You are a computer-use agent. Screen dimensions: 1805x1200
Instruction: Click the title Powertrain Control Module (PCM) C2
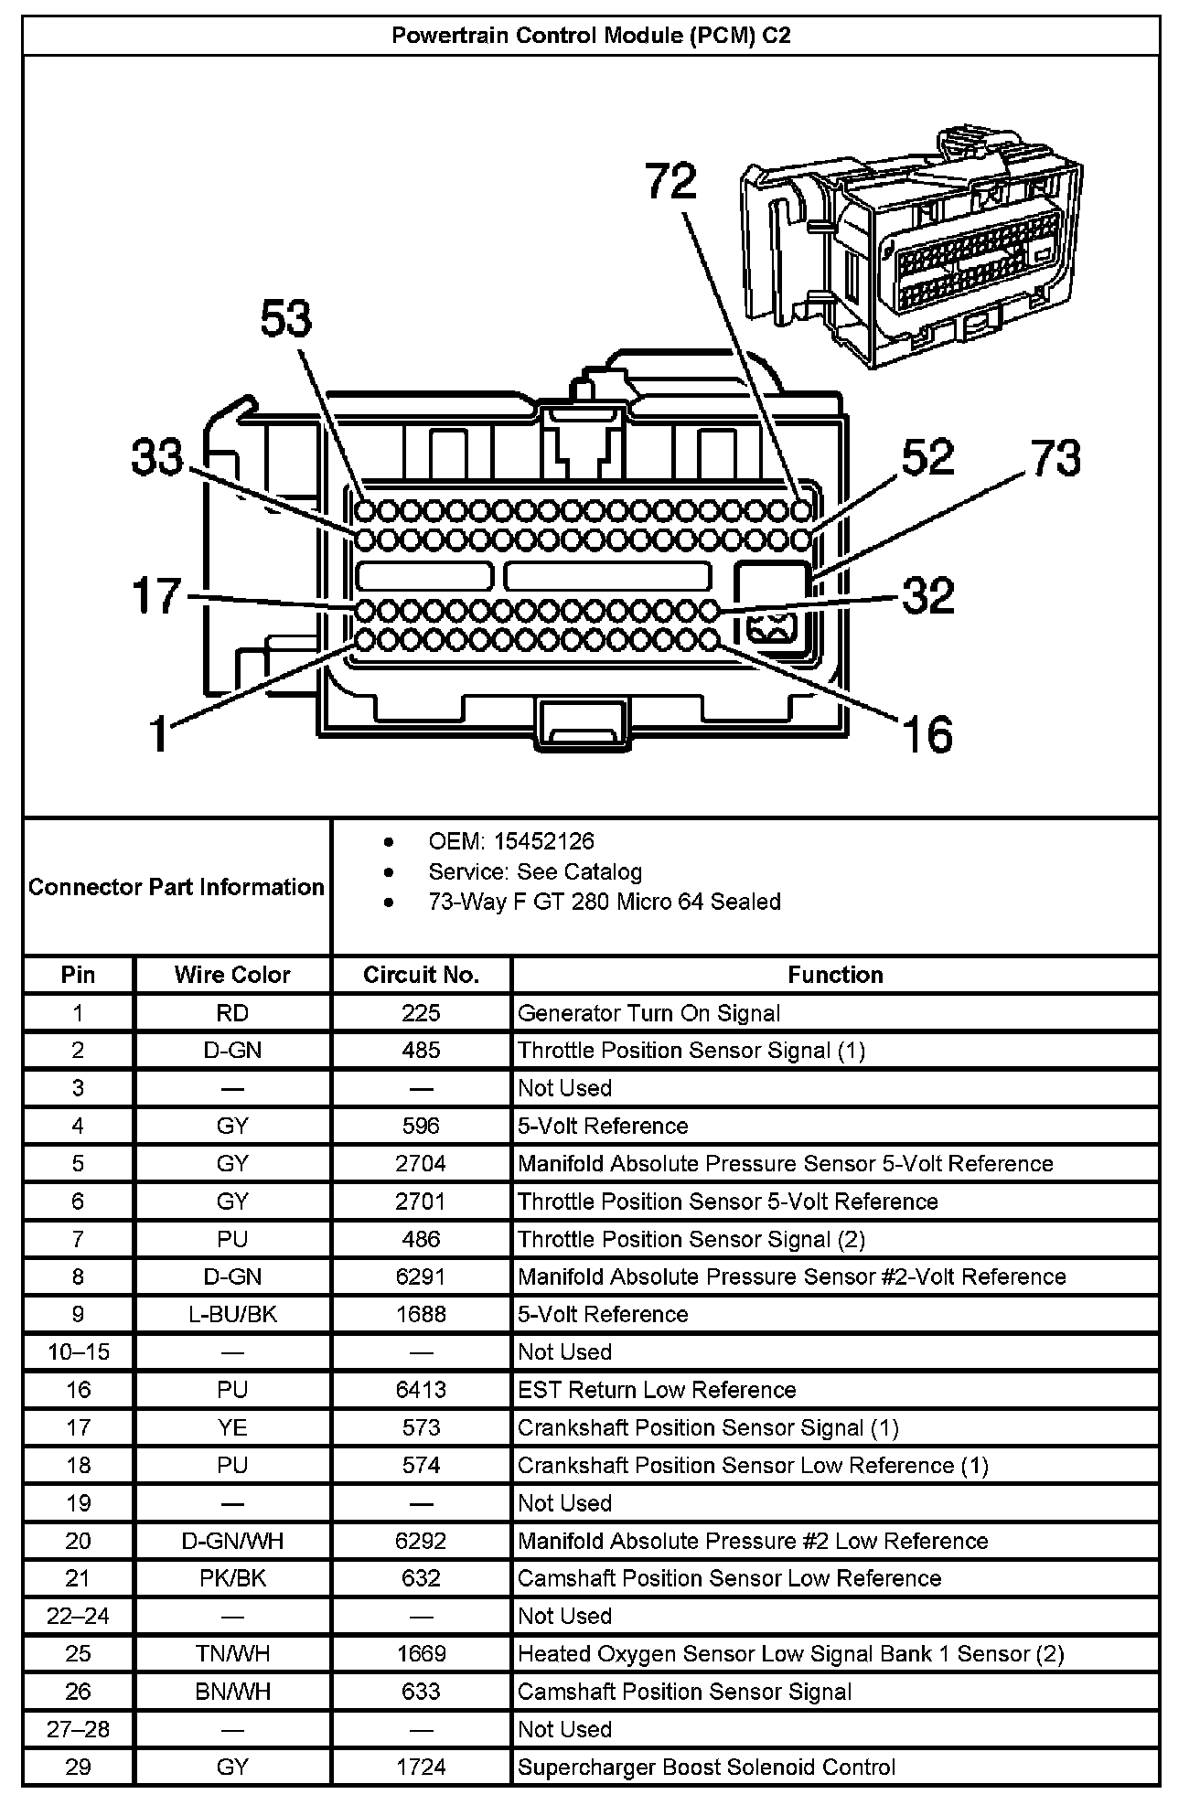point(591,36)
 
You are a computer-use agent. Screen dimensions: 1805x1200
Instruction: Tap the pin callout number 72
point(670,181)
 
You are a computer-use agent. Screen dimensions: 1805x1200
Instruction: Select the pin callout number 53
point(286,320)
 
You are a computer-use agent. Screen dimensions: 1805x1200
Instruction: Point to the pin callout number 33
point(157,456)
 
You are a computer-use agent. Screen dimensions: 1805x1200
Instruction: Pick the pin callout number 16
point(927,734)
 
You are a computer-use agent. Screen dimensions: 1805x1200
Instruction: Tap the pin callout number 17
point(157,596)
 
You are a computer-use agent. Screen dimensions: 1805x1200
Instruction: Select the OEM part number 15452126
point(543,841)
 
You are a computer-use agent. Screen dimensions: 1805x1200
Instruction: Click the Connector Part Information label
point(177,887)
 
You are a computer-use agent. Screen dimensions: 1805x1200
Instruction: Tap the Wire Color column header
point(232,975)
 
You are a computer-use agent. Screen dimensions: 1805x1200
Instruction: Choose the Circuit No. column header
point(421,975)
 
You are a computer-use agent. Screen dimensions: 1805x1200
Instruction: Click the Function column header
point(835,975)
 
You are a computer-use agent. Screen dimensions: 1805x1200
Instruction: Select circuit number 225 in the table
point(421,1013)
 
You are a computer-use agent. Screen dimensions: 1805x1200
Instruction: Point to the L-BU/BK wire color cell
point(232,1314)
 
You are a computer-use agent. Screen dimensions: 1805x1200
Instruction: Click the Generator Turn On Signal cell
point(648,1013)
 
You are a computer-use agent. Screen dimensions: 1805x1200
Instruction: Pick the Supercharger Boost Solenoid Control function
point(706,1767)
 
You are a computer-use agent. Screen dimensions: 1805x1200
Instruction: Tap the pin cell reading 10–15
point(78,1351)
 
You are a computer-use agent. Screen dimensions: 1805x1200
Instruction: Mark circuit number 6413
point(421,1390)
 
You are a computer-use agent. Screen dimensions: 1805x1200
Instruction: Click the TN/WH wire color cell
point(232,1653)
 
